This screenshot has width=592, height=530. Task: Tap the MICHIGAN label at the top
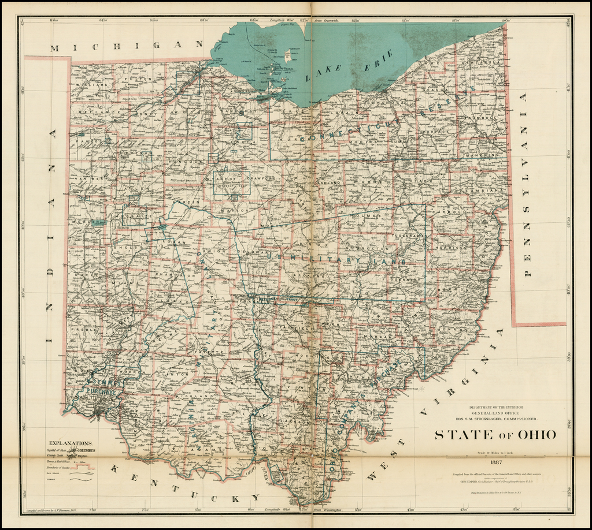124,46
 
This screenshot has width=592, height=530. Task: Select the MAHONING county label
483,155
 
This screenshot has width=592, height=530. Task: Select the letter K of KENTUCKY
115,468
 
